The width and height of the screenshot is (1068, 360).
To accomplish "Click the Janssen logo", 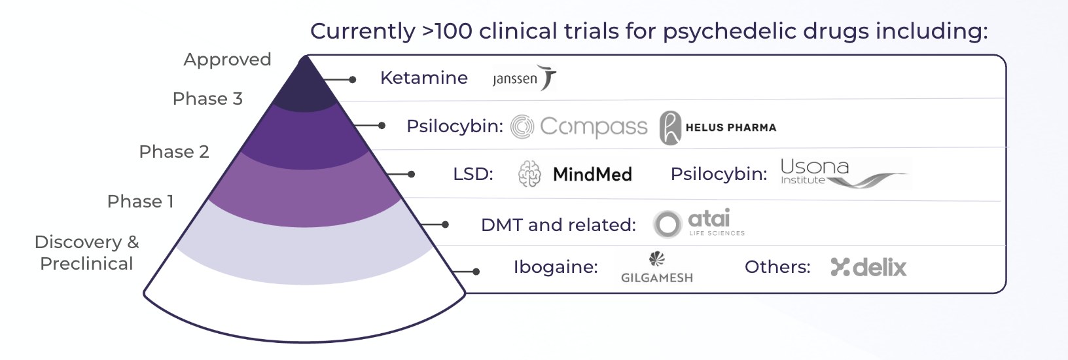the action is (x=524, y=78).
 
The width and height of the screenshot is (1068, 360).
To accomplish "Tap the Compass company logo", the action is (x=579, y=126).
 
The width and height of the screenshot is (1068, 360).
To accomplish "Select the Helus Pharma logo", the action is (x=718, y=127).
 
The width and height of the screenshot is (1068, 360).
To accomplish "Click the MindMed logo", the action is (x=575, y=174).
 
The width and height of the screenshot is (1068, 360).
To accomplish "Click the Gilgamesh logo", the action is (x=657, y=268).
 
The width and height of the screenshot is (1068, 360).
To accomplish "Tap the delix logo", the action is (x=868, y=267).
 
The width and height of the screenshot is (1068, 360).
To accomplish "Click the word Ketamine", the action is (x=424, y=78).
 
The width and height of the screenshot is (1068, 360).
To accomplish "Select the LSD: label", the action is (x=473, y=174).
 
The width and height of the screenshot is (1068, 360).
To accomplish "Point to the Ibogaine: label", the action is (x=556, y=267).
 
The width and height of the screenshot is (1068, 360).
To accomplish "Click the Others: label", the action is (x=777, y=267).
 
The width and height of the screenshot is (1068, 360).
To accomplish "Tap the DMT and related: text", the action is (x=558, y=225).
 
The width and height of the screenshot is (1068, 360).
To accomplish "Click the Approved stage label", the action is (x=227, y=60).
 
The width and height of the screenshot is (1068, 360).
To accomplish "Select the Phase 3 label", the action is (x=207, y=99).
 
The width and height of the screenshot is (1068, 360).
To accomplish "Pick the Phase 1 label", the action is (x=140, y=202).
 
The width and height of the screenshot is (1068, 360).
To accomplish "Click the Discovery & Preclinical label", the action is (x=86, y=253).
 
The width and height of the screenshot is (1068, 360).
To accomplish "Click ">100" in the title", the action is (x=447, y=31).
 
